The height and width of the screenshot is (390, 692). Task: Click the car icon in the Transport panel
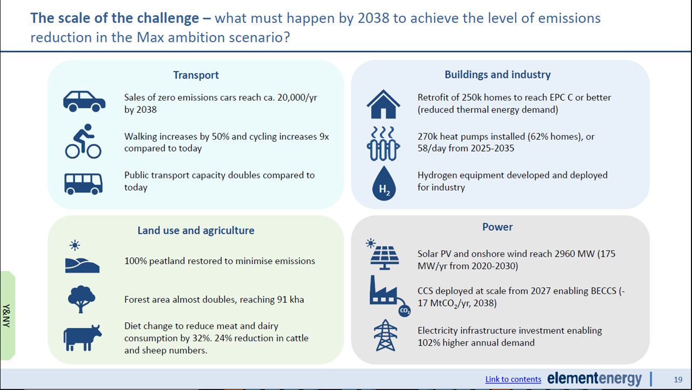(x=84, y=101)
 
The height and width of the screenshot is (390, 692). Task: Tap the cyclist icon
(x=83, y=141)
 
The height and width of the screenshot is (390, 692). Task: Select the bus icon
(x=83, y=183)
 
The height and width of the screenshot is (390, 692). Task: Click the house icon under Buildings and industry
(x=383, y=104)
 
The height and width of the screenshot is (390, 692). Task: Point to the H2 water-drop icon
(x=384, y=183)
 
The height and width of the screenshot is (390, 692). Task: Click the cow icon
(x=82, y=337)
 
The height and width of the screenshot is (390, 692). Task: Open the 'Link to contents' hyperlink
(x=513, y=379)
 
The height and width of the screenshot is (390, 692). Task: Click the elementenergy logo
(x=594, y=379)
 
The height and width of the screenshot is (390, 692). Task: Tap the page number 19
(x=678, y=379)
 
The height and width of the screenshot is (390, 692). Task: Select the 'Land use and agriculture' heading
(x=196, y=231)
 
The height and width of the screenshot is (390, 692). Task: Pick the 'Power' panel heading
(x=497, y=227)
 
